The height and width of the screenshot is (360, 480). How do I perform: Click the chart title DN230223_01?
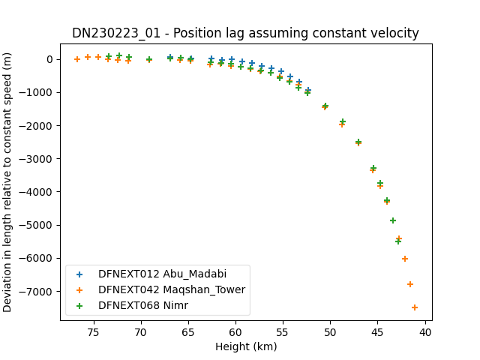(116, 33)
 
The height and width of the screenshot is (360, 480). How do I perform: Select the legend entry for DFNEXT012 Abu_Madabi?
(162, 274)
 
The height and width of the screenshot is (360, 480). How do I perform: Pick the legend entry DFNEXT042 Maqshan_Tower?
(172, 289)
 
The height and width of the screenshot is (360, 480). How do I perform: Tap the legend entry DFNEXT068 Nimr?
(143, 305)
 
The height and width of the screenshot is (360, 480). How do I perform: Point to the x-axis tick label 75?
(94, 332)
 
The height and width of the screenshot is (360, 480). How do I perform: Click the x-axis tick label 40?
(425, 332)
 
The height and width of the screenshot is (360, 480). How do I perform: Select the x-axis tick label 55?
(283, 332)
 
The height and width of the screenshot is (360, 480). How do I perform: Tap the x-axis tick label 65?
(188, 332)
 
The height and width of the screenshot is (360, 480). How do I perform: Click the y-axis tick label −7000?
(36, 292)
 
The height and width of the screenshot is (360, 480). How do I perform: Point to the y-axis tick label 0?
(50, 59)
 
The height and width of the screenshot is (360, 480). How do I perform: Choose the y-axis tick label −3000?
(36, 159)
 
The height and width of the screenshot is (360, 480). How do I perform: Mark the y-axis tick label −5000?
(36, 225)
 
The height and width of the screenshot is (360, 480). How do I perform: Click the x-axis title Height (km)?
(246, 346)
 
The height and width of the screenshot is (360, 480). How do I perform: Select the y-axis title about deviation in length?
(7, 182)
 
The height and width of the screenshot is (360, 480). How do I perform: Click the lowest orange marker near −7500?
(415, 307)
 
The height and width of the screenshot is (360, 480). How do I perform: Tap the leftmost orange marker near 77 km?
(77, 59)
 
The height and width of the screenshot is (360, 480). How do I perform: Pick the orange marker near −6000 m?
(405, 259)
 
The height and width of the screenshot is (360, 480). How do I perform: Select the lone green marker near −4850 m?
(393, 220)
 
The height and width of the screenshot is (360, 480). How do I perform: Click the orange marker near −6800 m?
(410, 284)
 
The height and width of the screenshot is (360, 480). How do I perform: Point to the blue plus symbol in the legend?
(79, 274)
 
